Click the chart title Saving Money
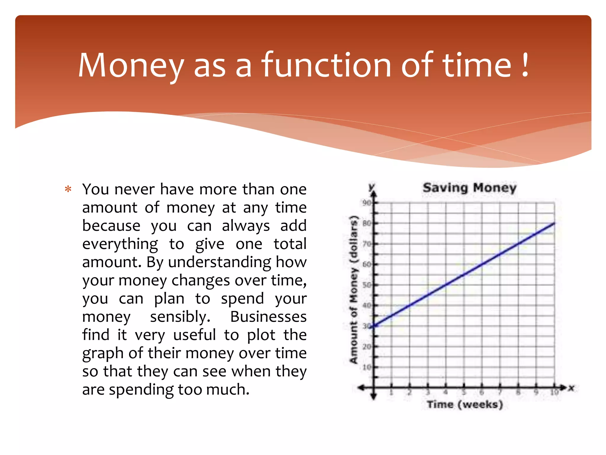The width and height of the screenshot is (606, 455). click(x=469, y=188)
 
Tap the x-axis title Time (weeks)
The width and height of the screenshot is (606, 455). click(x=465, y=404)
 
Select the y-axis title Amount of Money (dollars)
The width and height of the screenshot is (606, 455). click(x=354, y=289)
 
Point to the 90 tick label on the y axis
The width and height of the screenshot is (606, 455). click(x=367, y=203)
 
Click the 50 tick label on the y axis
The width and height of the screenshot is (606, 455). click(x=367, y=285)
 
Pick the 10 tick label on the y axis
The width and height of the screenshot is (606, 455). click(x=367, y=367)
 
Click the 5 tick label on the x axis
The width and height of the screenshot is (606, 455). click(x=464, y=392)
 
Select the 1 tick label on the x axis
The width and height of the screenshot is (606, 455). click(x=391, y=392)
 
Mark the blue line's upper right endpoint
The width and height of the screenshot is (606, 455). click(x=554, y=223)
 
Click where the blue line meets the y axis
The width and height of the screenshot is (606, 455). click(x=374, y=326)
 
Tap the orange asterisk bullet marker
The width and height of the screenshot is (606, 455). click(x=68, y=189)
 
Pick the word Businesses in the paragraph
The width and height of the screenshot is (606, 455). click(x=268, y=317)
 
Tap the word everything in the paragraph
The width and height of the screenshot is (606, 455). click(x=120, y=244)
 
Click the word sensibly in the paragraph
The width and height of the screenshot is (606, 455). click(x=180, y=317)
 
